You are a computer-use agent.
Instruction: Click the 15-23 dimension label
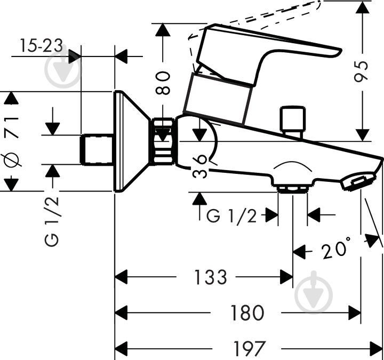pos(41,46)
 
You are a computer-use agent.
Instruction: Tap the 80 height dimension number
pos(163,83)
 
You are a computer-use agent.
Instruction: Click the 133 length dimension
pos(211,277)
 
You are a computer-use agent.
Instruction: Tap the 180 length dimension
pos(247,313)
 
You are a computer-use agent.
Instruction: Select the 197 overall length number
pos(249,349)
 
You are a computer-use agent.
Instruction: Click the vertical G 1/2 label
pos(52,221)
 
